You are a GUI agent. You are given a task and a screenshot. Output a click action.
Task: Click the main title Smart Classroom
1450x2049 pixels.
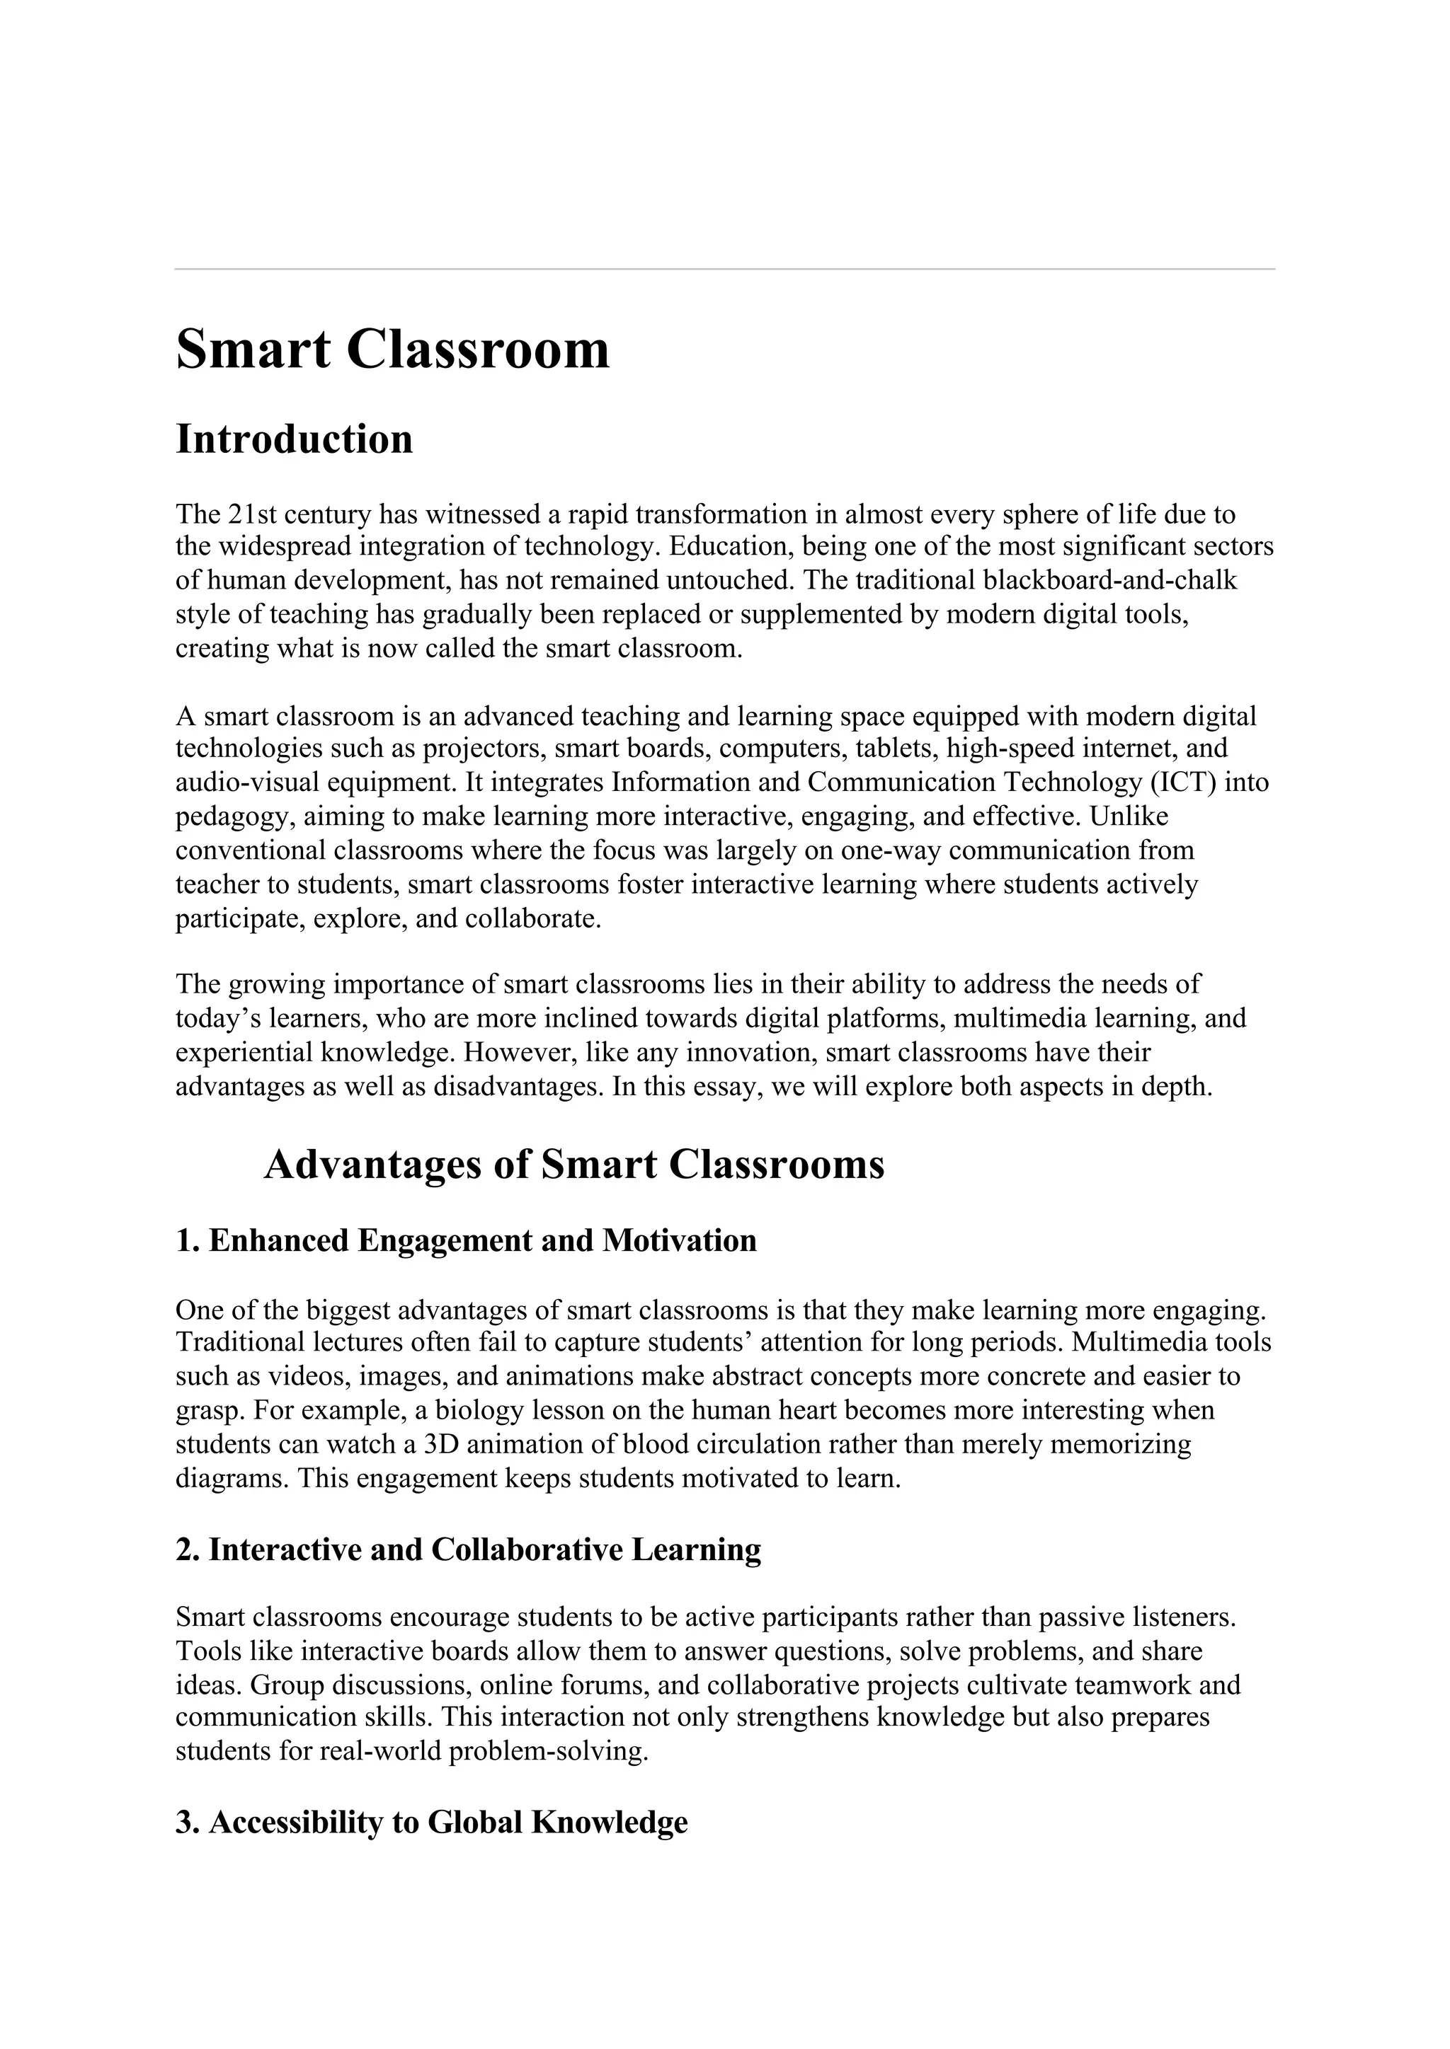tap(392, 349)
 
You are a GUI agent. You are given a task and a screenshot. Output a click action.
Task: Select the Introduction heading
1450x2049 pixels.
tap(294, 439)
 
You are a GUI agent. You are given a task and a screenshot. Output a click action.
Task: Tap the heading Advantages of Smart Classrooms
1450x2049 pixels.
tap(573, 1165)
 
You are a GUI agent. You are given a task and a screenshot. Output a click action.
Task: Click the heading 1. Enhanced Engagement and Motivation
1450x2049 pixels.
tap(465, 1240)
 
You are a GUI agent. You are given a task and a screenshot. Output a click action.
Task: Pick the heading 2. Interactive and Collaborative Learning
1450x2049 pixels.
tap(468, 1550)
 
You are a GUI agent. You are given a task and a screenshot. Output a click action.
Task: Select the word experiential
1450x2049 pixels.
tap(244, 1053)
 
